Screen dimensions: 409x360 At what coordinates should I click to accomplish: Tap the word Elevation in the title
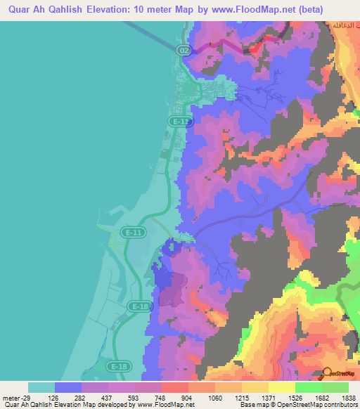coord(110,10)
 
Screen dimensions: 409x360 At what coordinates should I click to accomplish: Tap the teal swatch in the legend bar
coord(41,387)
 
